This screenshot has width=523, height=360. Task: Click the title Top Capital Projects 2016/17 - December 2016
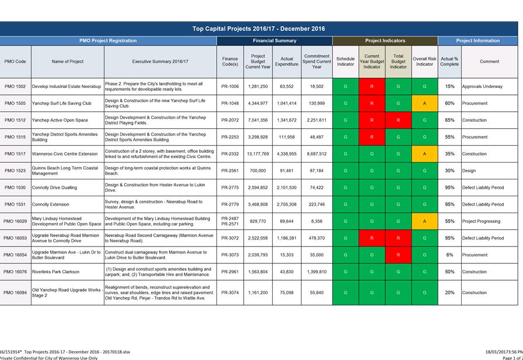tap(258, 29)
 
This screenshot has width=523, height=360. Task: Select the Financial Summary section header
tap(275, 41)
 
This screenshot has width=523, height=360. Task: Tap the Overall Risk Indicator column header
tap(424, 61)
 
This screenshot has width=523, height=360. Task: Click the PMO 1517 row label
tap(15, 154)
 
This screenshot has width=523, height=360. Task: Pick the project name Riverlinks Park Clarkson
tap(56, 271)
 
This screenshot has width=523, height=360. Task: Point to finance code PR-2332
tap(230, 154)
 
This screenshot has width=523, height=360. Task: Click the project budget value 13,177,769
tap(258, 154)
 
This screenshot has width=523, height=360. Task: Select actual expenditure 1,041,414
tap(286, 103)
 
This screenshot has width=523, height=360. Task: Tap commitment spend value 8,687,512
tap(317, 154)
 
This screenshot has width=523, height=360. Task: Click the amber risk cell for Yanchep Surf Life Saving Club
tap(424, 103)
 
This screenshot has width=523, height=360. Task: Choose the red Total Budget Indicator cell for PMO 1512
tap(398, 120)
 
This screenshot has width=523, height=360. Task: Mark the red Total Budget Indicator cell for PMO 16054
tap(398, 255)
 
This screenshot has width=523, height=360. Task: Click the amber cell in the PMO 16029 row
tap(424, 221)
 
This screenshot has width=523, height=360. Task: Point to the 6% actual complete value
tap(450, 255)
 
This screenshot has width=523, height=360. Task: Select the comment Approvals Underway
tap(482, 86)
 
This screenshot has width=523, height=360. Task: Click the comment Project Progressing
tap(481, 221)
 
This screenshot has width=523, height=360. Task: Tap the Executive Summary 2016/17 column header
tap(160, 61)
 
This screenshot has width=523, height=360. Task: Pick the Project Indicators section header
tap(385, 41)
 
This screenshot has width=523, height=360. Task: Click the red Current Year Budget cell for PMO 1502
tap(372, 86)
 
